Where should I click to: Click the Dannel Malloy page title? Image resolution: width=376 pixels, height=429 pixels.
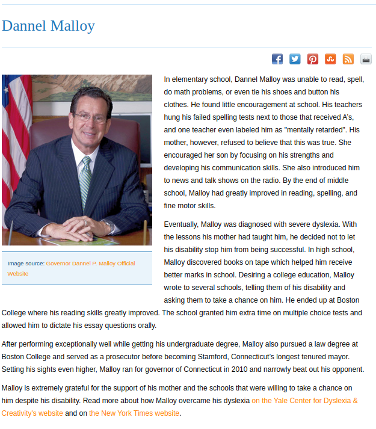pyautogui.click(x=48, y=26)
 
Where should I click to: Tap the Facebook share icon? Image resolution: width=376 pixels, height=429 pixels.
pyautogui.click(x=277, y=59)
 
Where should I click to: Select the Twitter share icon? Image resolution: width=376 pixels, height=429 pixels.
pyautogui.click(x=295, y=59)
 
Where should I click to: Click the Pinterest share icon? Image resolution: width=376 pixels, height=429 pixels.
pyautogui.click(x=313, y=59)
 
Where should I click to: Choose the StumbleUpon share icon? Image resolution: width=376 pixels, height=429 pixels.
pyautogui.click(x=330, y=59)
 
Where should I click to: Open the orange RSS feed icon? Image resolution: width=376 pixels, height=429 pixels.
pyautogui.click(x=348, y=59)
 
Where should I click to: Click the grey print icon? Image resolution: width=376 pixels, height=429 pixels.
pyautogui.click(x=366, y=59)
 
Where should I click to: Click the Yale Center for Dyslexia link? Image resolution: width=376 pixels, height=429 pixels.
pyautogui.click(x=304, y=400)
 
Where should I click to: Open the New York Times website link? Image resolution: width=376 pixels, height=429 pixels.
pyautogui.click(x=134, y=413)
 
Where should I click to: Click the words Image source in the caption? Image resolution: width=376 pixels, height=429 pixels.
pyautogui.click(x=25, y=264)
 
